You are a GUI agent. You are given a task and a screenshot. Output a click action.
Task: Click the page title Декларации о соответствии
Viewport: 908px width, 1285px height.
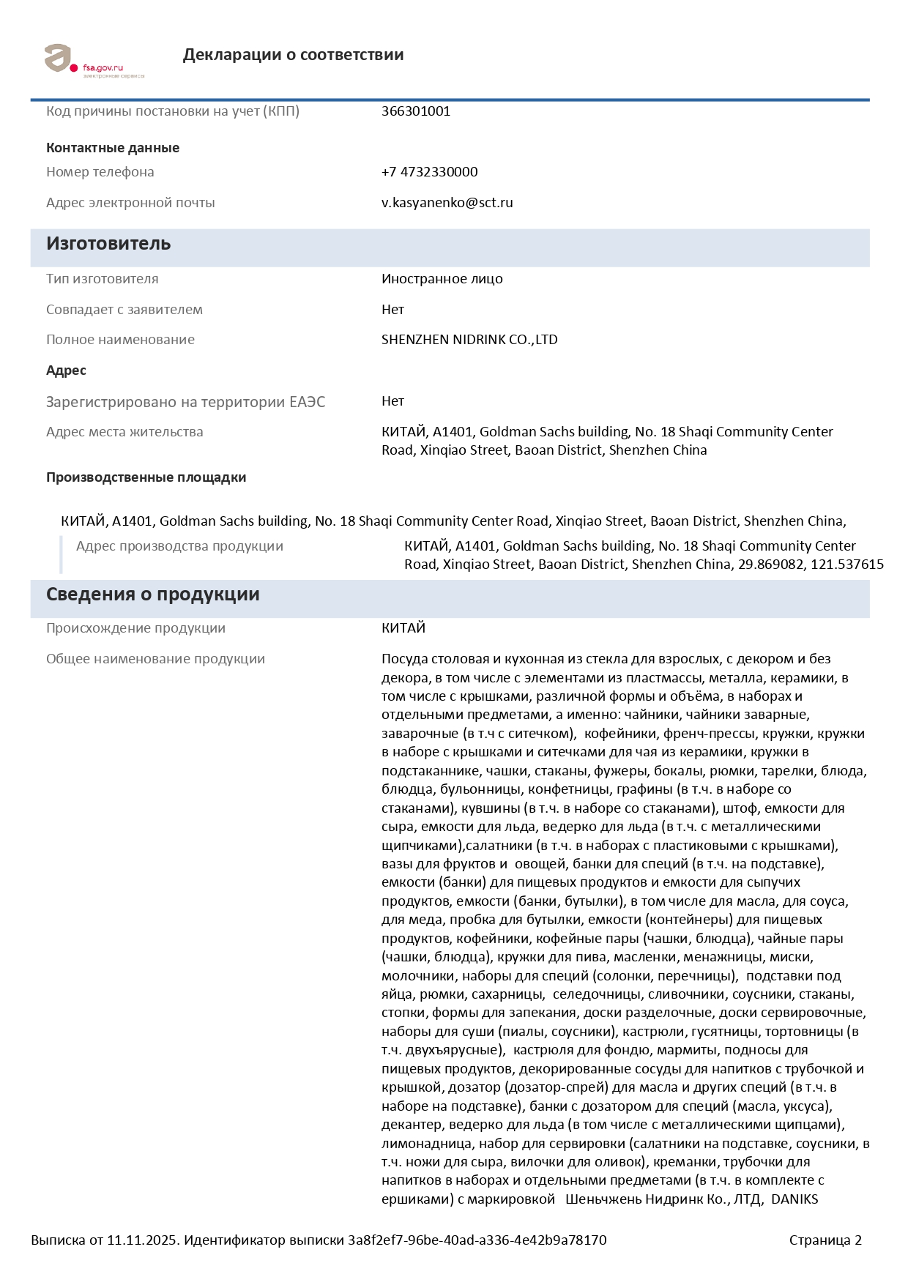[x=293, y=55]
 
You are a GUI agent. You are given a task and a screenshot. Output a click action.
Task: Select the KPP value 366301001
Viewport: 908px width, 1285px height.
[x=415, y=111]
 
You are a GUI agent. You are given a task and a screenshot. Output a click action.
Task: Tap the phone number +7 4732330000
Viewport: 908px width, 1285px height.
[x=429, y=172]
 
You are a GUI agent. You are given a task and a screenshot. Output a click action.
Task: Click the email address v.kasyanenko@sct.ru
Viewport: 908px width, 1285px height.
[x=447, y=203]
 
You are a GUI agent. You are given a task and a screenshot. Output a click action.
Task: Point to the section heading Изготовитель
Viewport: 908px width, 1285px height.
[x=108, y=244]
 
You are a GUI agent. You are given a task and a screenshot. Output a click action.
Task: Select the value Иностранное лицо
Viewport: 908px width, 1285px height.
[x=442, y=279]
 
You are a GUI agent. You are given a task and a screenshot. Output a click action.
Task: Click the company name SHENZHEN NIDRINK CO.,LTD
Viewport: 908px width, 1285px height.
[x=469, y=340]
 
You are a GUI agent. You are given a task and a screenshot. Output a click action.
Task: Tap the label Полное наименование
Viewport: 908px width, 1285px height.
[x=120, y=340]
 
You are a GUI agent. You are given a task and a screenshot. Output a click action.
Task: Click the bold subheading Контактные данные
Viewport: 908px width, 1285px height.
[x=113, y=148]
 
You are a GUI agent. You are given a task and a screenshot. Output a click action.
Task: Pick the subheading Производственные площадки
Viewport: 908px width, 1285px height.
[x=146, y=477]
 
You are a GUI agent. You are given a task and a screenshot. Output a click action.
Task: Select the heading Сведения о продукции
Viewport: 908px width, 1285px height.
[x=152, y=595]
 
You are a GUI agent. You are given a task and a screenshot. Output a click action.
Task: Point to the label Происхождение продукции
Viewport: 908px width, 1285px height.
[x=135, y=628]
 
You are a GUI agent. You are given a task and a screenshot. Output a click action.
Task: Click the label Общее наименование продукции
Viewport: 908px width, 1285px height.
[x=155, y=659]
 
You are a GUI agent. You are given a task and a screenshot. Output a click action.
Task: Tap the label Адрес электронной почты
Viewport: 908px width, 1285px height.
[x=130, y=203]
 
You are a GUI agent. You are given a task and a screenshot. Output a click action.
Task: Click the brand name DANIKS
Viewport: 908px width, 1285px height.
[x=794, y=1199]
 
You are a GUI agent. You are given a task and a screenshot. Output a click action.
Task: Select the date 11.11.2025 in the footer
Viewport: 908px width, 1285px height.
[x=142, y=1240]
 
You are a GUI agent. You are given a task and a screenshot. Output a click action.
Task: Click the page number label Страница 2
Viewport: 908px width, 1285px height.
[x=825, y=1240]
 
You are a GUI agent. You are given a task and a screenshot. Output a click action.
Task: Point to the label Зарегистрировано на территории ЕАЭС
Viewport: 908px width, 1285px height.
[x=185, y=402]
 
